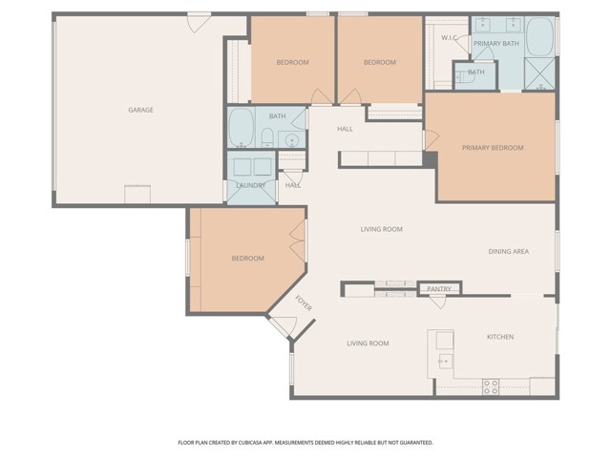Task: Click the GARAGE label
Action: (x=140, y=110)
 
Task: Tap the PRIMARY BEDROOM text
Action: (x=493, y=148)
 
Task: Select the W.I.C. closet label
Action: (x=450, y=37)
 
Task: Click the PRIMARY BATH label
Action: (x=496, y=43)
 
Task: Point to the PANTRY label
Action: (x=439, y=288)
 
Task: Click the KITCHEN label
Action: (x=500, y=337)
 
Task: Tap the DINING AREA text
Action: (x=508, y=252)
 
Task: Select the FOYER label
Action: (x=304, y=304)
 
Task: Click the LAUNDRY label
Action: (x=250, y=185)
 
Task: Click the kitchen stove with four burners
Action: (x=491, y=386)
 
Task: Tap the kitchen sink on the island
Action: (x=444, y=361)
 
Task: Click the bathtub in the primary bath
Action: (x=540, y=38)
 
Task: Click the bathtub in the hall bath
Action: (x=241, y=129)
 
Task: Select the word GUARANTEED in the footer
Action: (x=412, y=443)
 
